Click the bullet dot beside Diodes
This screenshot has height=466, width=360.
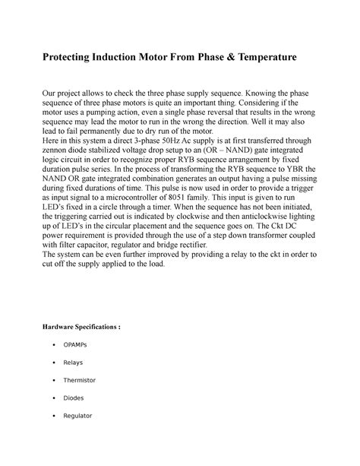(51, 398)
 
